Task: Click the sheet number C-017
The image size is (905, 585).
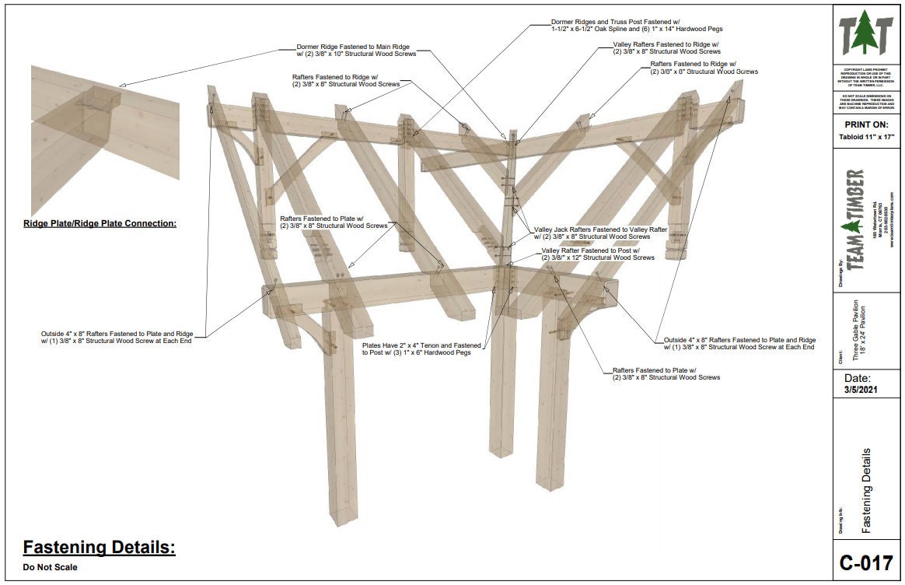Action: click(866, 562)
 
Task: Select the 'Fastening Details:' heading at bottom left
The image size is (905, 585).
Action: click(99, 548)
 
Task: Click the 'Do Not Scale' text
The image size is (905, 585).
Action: click(50, 567)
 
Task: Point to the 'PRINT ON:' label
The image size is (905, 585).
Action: click(866, 124)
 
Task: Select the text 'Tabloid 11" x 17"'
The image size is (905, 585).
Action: click(866, 137)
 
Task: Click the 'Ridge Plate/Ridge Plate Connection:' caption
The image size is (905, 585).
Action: click(100, 223)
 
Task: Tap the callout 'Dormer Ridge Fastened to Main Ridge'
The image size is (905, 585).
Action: click(356, 50)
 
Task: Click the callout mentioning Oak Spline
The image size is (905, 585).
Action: click(637, 25)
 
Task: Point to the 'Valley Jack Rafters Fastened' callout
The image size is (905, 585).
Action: click(600, 233)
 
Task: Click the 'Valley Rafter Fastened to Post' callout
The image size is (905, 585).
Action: click(597, 254)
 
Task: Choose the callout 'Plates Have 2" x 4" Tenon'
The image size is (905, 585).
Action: click(421, 348)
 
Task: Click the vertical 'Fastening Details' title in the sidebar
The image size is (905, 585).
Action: click(866, 490)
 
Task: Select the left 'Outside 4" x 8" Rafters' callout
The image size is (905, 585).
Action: click(117, 338)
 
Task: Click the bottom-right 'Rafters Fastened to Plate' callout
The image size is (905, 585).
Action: click(666, 373)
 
